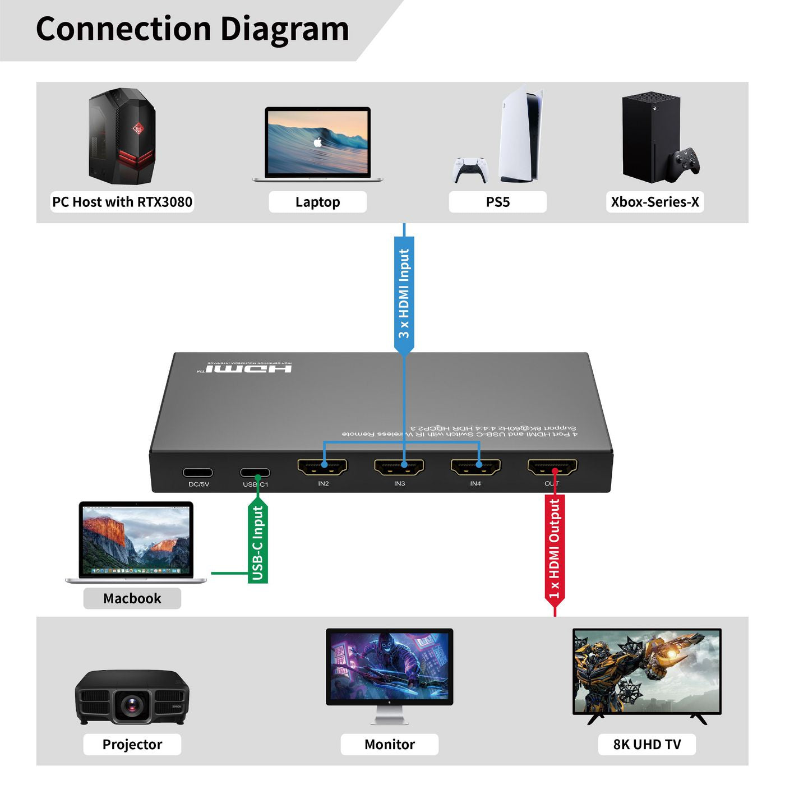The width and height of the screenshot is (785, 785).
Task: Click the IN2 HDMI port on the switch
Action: tap(322, 467)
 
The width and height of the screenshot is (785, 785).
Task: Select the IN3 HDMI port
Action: tap(399, 467)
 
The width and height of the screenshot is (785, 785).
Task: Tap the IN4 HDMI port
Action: tap(475, 467)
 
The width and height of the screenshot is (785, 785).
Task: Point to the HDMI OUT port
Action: tap(552, 467)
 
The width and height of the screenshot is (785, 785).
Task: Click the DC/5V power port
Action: tap(198, 473)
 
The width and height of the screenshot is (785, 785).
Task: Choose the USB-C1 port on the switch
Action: tap(255, 473)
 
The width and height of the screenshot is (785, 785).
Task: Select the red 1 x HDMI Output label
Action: tap(555, 548)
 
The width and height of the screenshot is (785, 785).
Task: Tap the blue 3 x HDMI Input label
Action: tap(404, 293)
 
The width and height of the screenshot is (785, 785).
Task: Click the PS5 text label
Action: tap(497, 202)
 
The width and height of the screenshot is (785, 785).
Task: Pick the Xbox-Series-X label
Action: tap(655, 202)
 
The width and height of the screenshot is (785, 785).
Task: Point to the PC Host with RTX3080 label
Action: tap(122, 202)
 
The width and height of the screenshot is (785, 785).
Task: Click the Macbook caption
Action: tap(132, 598)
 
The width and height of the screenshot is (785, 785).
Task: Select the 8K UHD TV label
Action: tap(647, 744)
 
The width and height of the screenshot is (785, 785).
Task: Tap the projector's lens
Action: tap(132, 704)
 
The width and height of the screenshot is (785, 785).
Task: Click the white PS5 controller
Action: tap(470, 169)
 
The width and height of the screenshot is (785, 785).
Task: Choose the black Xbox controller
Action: tap(686, 163)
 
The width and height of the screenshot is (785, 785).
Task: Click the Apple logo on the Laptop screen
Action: tap(318, 142)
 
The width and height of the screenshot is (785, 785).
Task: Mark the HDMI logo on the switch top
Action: tap(248, 368)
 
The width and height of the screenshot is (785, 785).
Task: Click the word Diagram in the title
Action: tap(284, 29)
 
